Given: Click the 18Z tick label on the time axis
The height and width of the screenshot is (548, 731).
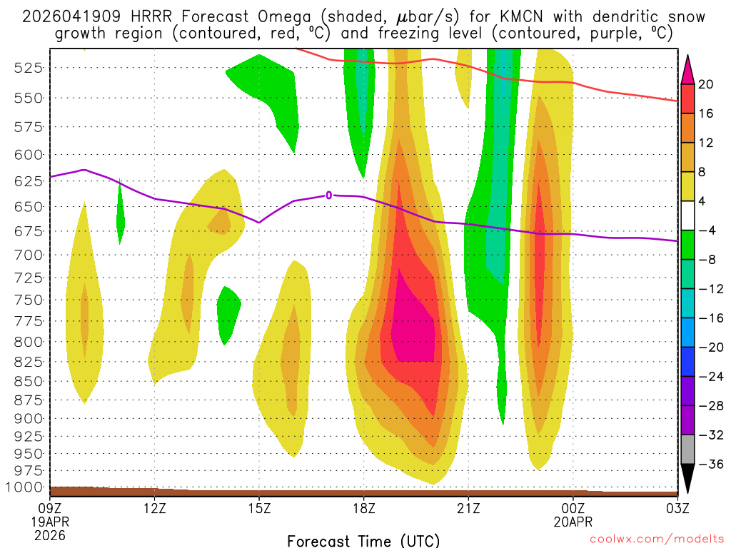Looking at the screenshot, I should pos(363,509).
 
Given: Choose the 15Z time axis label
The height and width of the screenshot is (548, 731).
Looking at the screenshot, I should pos(258,509).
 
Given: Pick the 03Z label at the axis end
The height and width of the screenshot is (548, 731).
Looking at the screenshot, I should pos(677,509).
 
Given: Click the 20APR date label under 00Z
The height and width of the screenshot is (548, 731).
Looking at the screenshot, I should pos(574,522).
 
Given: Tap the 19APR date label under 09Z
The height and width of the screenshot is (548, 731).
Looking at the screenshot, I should pos(49,522).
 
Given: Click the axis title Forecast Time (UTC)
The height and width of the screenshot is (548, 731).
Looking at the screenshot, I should pos(363,540).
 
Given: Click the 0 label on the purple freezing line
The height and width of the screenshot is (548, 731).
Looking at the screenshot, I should pos(329,195).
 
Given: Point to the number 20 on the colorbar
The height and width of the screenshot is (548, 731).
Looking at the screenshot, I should pos(705,84).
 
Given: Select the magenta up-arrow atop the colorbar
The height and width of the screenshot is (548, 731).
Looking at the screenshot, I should pos(687,68).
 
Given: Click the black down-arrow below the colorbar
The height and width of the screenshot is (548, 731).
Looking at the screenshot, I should pos(687,478).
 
